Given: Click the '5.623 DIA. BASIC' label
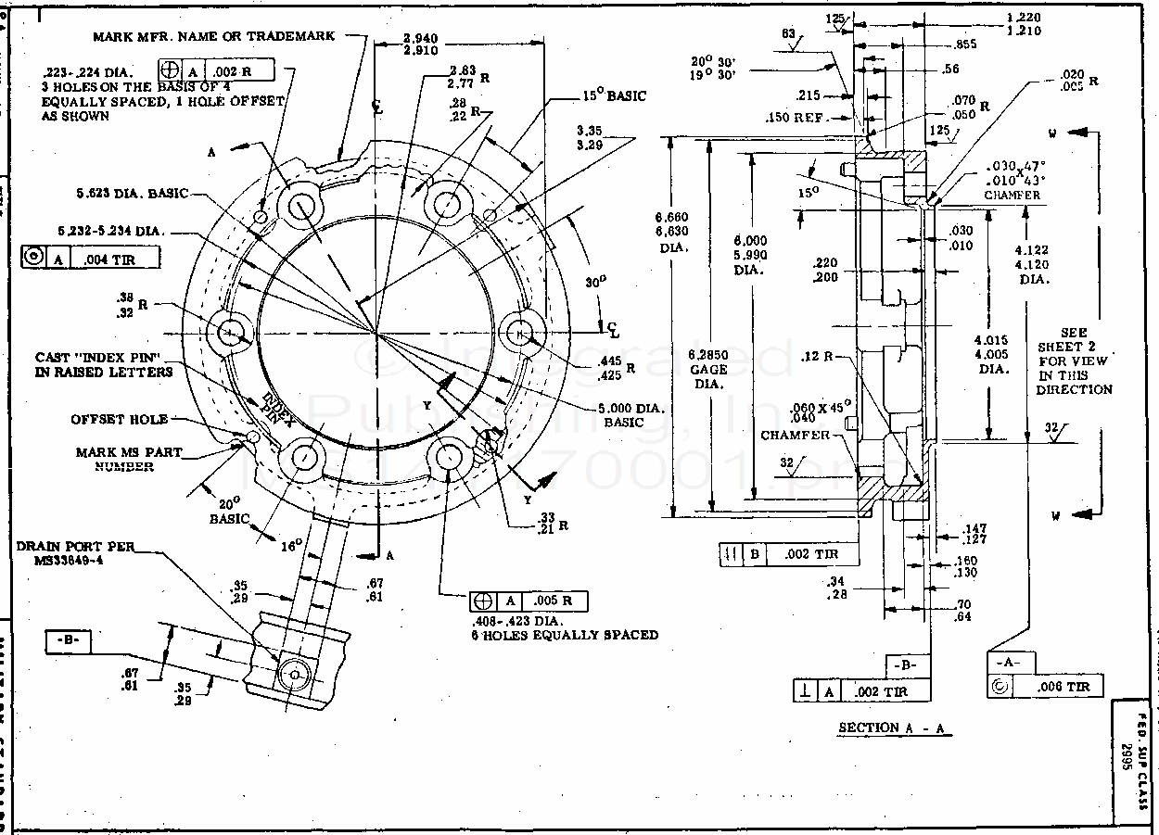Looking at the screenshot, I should pyautogui.click(x=133, y=195).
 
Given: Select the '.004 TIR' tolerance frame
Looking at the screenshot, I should pyautogui.click(x=90, y=259).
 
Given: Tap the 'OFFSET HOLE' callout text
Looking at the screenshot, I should pyautogui.click(x=120, y=419).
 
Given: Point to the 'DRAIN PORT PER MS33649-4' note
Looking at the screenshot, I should pyautogui.click(x=75, y=553).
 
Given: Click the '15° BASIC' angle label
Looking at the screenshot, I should pyautogui.click(x=614, y=95).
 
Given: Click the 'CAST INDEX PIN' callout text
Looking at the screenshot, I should pyautogui.click(x=104, y=364).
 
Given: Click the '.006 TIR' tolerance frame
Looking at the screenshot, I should pyautogui.click(x=1046, y=686).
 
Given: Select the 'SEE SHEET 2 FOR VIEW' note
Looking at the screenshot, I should pyautogui.click(x=1075, y=361).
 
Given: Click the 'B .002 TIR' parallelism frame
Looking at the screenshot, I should pyautogui.click(x=788, y=554).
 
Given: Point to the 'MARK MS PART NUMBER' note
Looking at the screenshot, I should pyautogui.click(x=129, y=460).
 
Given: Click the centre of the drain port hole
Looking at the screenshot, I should pyautogui.click(x=295, y=675).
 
